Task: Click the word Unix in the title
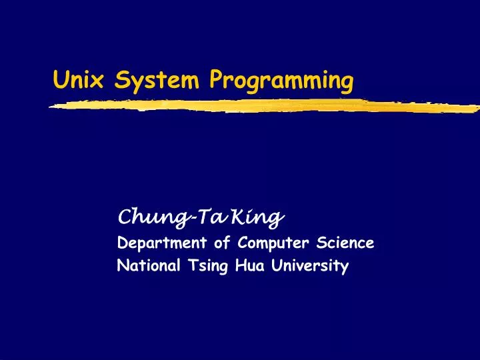72,81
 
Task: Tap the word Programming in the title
281,82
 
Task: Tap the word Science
345,243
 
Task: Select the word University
310,267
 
